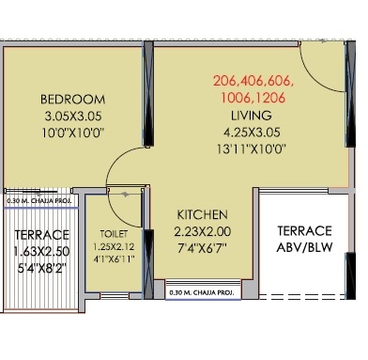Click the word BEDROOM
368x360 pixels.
click(72, 100)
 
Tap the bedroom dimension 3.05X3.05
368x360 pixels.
click(73, 117)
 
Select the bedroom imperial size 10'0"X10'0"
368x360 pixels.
click(72, 133)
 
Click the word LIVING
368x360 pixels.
click(252, 116)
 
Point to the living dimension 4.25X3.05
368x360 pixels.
click(252, 133)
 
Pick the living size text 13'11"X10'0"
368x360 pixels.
click(252, 149)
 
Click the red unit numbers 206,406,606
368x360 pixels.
click(253, 81)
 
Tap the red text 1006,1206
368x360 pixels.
click(253, 98)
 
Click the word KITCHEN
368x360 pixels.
click(203, 214)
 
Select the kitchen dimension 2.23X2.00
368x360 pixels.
click(203, 231)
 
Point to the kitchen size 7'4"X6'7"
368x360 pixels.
click(202, 248)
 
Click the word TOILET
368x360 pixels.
click(114, 234)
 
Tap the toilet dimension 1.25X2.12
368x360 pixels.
click(114, 246)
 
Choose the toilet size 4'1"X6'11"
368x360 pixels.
click(114, 259)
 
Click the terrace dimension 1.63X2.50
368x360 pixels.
click(41, 251)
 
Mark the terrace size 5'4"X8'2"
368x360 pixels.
click(41, 268)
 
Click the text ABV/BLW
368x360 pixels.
click(304, 247)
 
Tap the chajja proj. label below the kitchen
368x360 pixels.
click(202, 293)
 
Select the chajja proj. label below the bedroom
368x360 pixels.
click(39, 201)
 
